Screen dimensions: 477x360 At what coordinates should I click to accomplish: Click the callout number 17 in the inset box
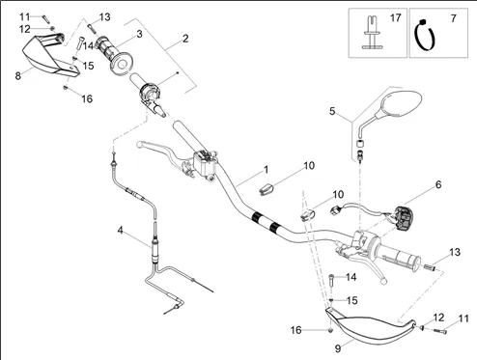point(396,18)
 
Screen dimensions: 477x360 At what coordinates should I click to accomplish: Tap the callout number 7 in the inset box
point(454,18)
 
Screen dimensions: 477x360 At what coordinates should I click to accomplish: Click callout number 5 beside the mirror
point(332,111)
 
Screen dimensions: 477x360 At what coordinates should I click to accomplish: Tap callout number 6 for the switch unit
point(438,184)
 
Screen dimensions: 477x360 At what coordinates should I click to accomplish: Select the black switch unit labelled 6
point(404,218)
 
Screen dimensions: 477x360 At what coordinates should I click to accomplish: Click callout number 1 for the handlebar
point(267,170)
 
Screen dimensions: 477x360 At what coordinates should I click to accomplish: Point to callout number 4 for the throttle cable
point(120,230)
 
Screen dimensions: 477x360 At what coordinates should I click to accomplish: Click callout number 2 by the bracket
point(185,39)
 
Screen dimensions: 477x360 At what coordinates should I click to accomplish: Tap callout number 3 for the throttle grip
point(139,34)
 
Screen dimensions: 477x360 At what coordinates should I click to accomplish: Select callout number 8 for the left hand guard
point(18,76)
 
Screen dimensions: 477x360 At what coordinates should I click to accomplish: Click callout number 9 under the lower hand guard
point(338,348)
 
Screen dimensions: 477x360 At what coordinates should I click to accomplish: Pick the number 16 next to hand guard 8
point(87,98)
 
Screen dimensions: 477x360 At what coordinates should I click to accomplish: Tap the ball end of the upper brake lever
point(139,144)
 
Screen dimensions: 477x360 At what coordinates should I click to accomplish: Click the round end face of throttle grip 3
point(122,65)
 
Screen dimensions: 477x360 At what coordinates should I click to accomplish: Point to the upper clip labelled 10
point(267,189)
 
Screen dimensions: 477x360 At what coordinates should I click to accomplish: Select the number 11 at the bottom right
point(463,318)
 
